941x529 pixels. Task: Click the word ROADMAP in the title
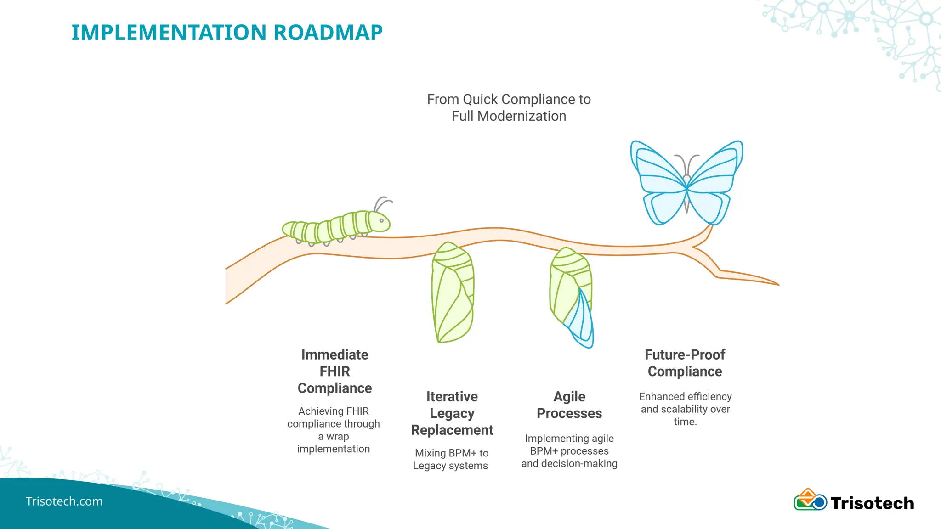tap(328, 33)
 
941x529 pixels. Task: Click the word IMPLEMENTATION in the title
tap(169, 33)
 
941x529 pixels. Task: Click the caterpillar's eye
tap(381, 220)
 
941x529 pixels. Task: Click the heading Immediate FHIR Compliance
tap(334, 371)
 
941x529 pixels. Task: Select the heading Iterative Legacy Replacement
tap(452, 413)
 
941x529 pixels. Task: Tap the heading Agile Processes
tap(569, 405)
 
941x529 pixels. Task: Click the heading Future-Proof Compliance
tap(685, 363)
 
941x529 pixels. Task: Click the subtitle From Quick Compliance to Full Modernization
tap(509, 107)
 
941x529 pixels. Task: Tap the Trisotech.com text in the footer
tap(64, 501)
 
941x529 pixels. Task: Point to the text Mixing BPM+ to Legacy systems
tap(451, 459)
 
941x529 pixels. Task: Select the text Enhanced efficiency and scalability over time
tap(685, 409)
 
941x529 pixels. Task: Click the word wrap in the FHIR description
tap(338, 436)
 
